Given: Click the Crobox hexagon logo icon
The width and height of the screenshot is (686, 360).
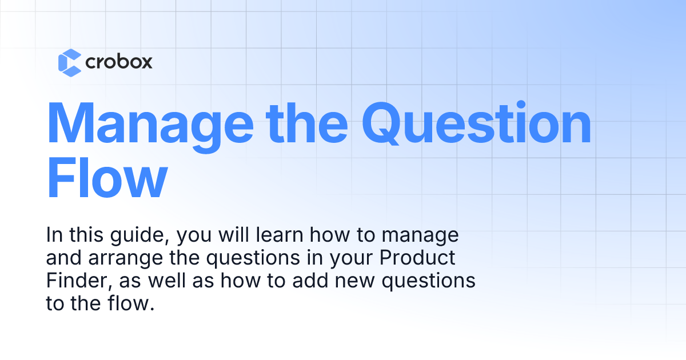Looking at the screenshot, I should (x=70, y=62).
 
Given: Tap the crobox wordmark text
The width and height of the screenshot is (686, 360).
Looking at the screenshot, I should (x=119, y=62).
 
